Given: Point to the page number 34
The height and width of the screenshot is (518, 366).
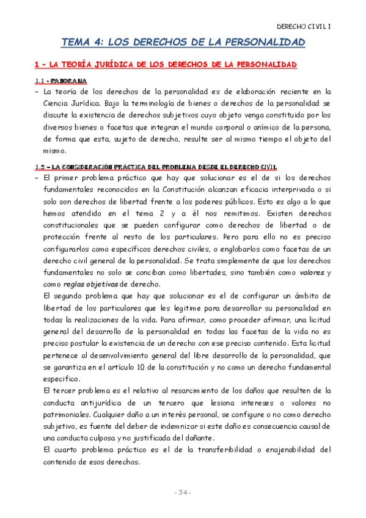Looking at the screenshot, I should [x=183, y=492].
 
